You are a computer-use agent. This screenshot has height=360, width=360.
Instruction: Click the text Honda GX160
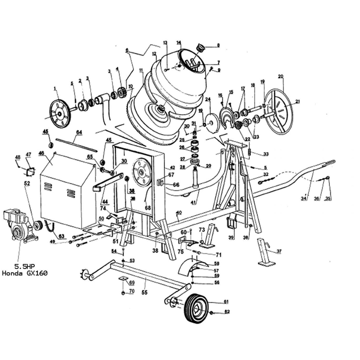(x=25, y=273)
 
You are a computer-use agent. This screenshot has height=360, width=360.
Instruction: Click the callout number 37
(x=279, y=251)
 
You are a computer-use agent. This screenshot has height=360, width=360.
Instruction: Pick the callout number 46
(x=41, y=153)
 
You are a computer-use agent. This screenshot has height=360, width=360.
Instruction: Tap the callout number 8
(x=218, y=45)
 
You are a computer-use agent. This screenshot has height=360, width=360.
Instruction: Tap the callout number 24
(x=208, y=99)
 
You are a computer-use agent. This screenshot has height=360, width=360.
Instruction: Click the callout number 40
(x=179, y=212)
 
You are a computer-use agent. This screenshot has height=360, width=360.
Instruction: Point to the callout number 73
(x=202, y=230)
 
